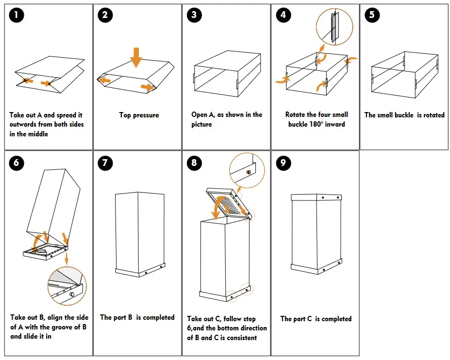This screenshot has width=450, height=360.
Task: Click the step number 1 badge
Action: (17, 15)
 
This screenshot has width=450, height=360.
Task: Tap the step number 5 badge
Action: (372, 15)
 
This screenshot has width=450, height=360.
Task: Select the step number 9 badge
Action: (283, 163)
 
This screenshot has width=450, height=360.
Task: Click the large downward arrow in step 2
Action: (136, 57)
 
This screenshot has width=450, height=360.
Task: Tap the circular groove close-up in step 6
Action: (67, 286)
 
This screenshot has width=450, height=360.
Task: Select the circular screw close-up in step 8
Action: (247, 170)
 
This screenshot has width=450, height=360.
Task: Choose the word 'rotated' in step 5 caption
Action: (433, 115)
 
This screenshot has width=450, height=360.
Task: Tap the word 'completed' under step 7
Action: (158, 317)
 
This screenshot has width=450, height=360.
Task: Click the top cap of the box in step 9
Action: (317, 196)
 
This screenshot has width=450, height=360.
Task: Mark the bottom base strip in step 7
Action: (140, 270)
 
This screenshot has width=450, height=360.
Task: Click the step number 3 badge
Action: (194, 15)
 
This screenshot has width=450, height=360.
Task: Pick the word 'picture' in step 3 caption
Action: (202, 124)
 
